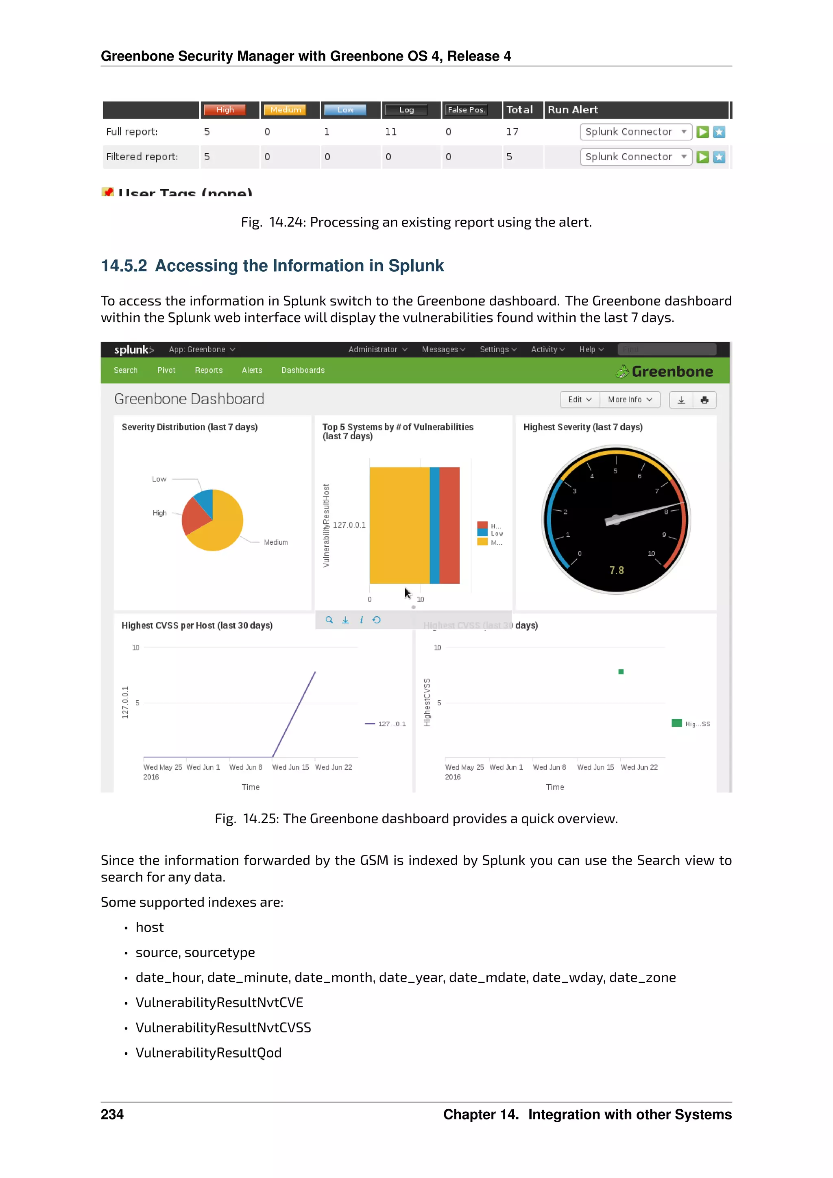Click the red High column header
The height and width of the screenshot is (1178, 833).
coord(225,110)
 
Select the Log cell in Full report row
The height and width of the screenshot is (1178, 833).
coord(391,132)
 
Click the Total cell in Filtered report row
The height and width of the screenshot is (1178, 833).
coord(509,157)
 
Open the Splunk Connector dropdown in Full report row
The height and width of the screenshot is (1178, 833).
coord(635,132)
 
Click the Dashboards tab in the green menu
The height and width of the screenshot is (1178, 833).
coord(303,371)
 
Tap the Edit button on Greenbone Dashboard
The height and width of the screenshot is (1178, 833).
coord(580,400)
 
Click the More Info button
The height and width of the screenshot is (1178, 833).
coord(629,400)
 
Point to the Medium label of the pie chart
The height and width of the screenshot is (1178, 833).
coord(275,542)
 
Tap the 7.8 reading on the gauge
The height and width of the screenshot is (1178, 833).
coord(616,571)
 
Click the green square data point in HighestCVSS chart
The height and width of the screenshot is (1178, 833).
coord(621,672)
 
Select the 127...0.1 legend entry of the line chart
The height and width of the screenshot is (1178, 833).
coord(391,724)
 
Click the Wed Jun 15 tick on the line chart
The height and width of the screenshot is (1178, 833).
coord(290,767)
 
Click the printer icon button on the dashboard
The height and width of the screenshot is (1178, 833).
coord(704,400)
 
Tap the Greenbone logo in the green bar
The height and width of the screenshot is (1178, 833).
coord(664,371)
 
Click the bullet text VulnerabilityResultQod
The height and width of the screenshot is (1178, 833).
coord(208,1053)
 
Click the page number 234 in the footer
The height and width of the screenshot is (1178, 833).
coord(112,1115)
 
